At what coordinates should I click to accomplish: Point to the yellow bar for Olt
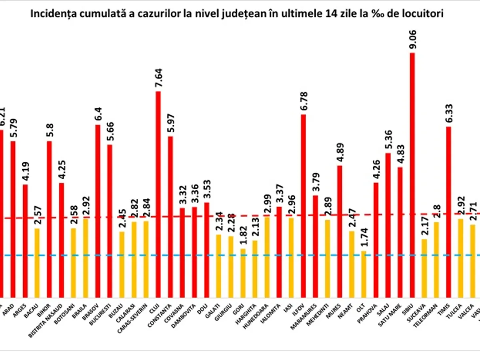tap(364, 274)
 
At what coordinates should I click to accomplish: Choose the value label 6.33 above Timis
tap(448, 112)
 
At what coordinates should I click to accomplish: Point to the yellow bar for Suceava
tap(424, 268)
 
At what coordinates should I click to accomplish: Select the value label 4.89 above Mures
tap(340, 152)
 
